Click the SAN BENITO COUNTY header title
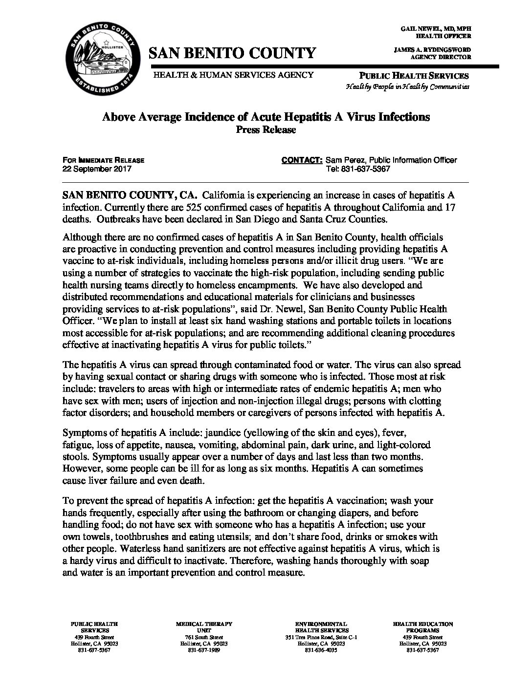[232, 53]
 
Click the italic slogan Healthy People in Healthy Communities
[407, 86]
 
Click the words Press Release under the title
[266, 129]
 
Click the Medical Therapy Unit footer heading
[204, 627]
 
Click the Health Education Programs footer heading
[422, 627]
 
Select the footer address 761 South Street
[204, 638]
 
